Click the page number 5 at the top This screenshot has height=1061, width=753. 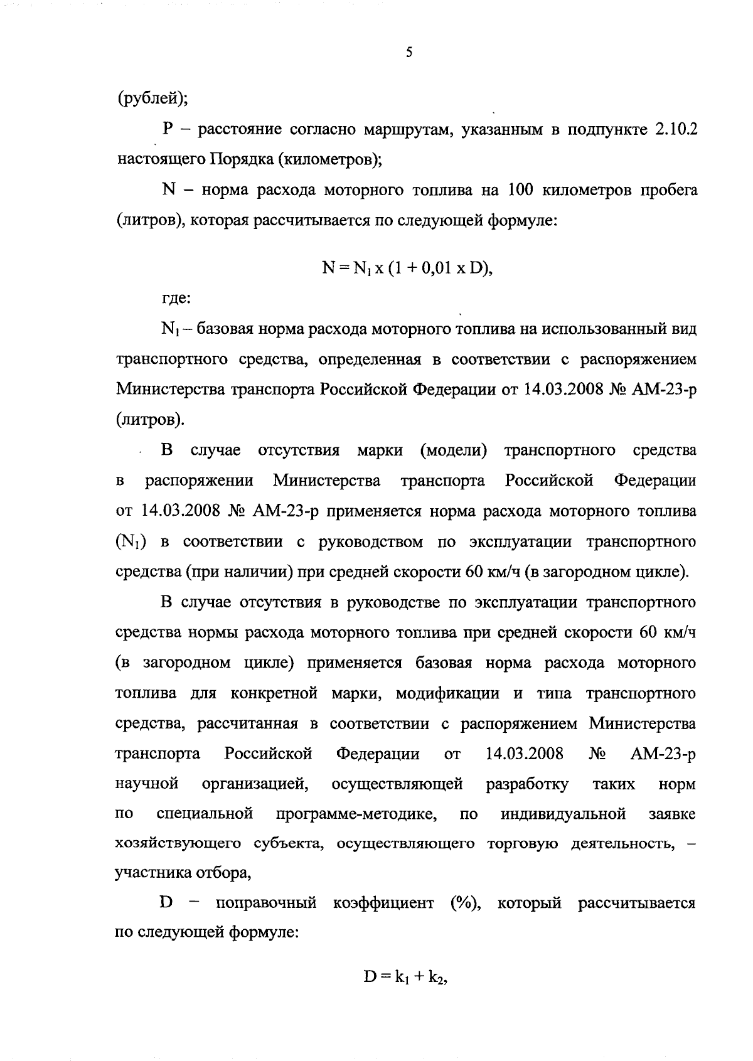point(409,54)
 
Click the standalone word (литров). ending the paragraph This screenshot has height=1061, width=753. point(151,420)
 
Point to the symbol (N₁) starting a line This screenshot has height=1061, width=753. point(131,542)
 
